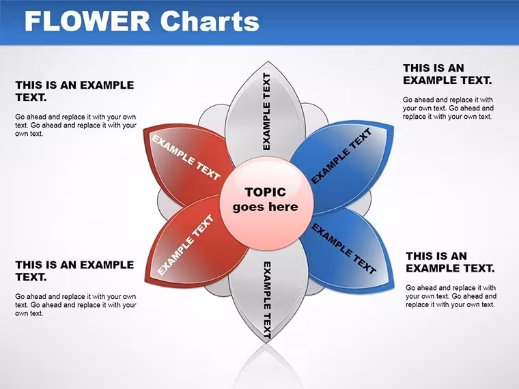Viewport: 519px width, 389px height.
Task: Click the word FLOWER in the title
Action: point(87,21)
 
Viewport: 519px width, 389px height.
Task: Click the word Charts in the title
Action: point(210,21)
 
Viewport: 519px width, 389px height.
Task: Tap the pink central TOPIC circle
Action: point(266,203)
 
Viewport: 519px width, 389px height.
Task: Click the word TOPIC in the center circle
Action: point(266,192)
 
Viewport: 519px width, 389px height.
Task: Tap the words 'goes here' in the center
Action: point(265,207)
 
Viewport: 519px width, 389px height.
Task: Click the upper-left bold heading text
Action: point(74,91)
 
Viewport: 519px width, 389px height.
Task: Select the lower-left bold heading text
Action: point(74,270)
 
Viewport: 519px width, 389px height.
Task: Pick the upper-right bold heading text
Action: point(447,74)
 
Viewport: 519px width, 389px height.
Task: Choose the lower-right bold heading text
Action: point(450,261)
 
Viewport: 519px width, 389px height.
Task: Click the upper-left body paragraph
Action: point(76,126)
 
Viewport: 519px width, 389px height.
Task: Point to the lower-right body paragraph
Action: point(451,296)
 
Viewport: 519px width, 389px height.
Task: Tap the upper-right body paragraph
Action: point(448,108)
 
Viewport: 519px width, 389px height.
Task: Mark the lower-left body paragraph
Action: point(76,305)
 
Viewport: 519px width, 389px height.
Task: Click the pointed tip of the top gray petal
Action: point(268,62)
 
